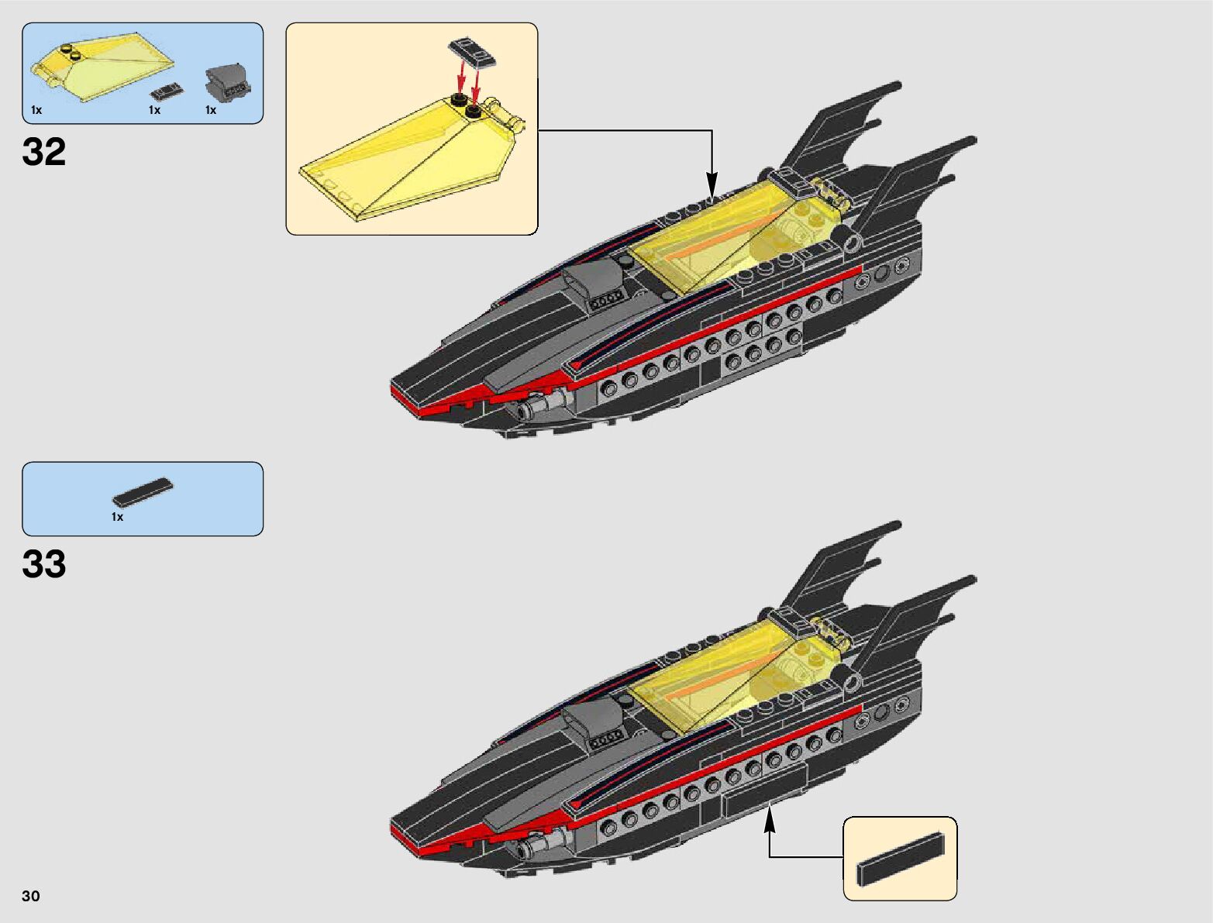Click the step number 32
(44, 153)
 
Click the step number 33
(44, 565)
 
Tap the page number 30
(31, 896)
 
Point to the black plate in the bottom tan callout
(901, 859)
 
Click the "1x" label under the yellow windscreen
(36, 110)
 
